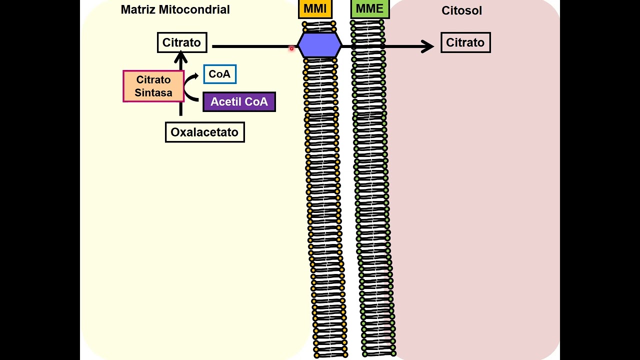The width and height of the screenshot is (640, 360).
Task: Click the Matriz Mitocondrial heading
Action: coord(175,9)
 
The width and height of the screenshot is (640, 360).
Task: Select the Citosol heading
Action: coord(461,10)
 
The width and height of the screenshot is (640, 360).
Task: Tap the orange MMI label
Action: coord(315,8)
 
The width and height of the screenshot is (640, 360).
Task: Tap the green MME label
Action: coord(369,8)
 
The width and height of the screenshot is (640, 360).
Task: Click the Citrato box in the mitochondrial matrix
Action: coord(181,42)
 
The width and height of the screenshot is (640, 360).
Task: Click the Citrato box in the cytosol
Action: coord(465,42)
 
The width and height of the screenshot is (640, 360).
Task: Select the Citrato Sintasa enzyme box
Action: coord(153,86)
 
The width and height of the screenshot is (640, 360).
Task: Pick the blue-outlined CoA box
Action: coord(219,74)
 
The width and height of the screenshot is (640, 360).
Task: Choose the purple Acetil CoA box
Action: coord(239,101)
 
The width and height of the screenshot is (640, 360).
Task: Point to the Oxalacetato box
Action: coord(204,132)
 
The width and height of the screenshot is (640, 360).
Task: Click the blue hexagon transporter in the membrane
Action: coord(319,45)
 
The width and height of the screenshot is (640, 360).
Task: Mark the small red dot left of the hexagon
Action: coord(291,48)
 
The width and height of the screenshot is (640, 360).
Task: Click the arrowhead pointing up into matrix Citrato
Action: coord(181,56)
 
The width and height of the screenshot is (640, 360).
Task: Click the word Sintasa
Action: coord(153,93)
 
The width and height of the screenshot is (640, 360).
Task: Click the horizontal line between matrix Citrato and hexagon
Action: coord(250,46)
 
